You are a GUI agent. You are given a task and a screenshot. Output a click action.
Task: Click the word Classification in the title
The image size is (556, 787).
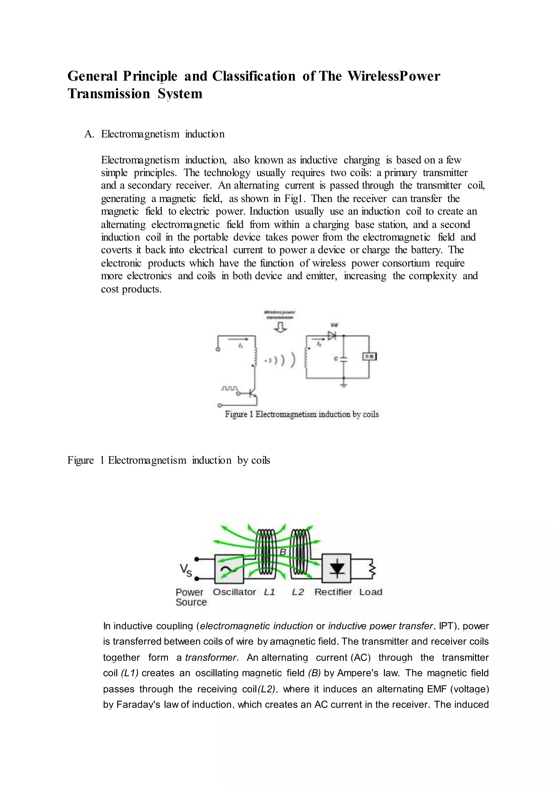253,76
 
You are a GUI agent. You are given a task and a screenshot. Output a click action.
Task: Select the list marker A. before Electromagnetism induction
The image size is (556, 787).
89,134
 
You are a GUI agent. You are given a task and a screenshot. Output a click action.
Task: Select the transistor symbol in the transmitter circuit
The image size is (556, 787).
253,393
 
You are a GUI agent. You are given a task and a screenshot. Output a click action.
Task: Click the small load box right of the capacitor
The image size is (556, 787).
369,357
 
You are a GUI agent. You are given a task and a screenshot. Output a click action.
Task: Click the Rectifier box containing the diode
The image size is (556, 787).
337,569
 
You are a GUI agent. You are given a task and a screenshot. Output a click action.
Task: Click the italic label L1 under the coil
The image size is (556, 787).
269,592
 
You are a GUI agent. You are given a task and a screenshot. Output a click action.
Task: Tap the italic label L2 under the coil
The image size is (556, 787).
298,592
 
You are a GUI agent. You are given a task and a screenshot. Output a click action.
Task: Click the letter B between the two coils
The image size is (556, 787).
283,552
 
